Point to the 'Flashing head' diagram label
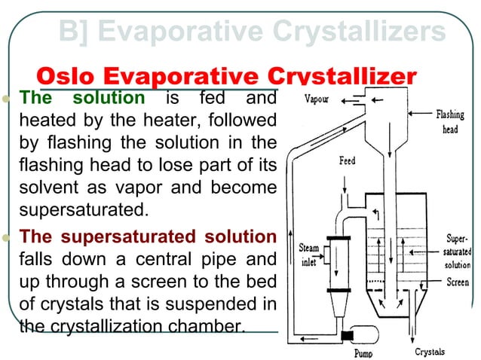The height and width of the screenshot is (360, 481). pos(450,121)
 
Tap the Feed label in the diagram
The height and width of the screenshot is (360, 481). pos(347,161)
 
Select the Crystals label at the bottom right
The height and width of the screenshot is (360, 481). pos(430,352)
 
